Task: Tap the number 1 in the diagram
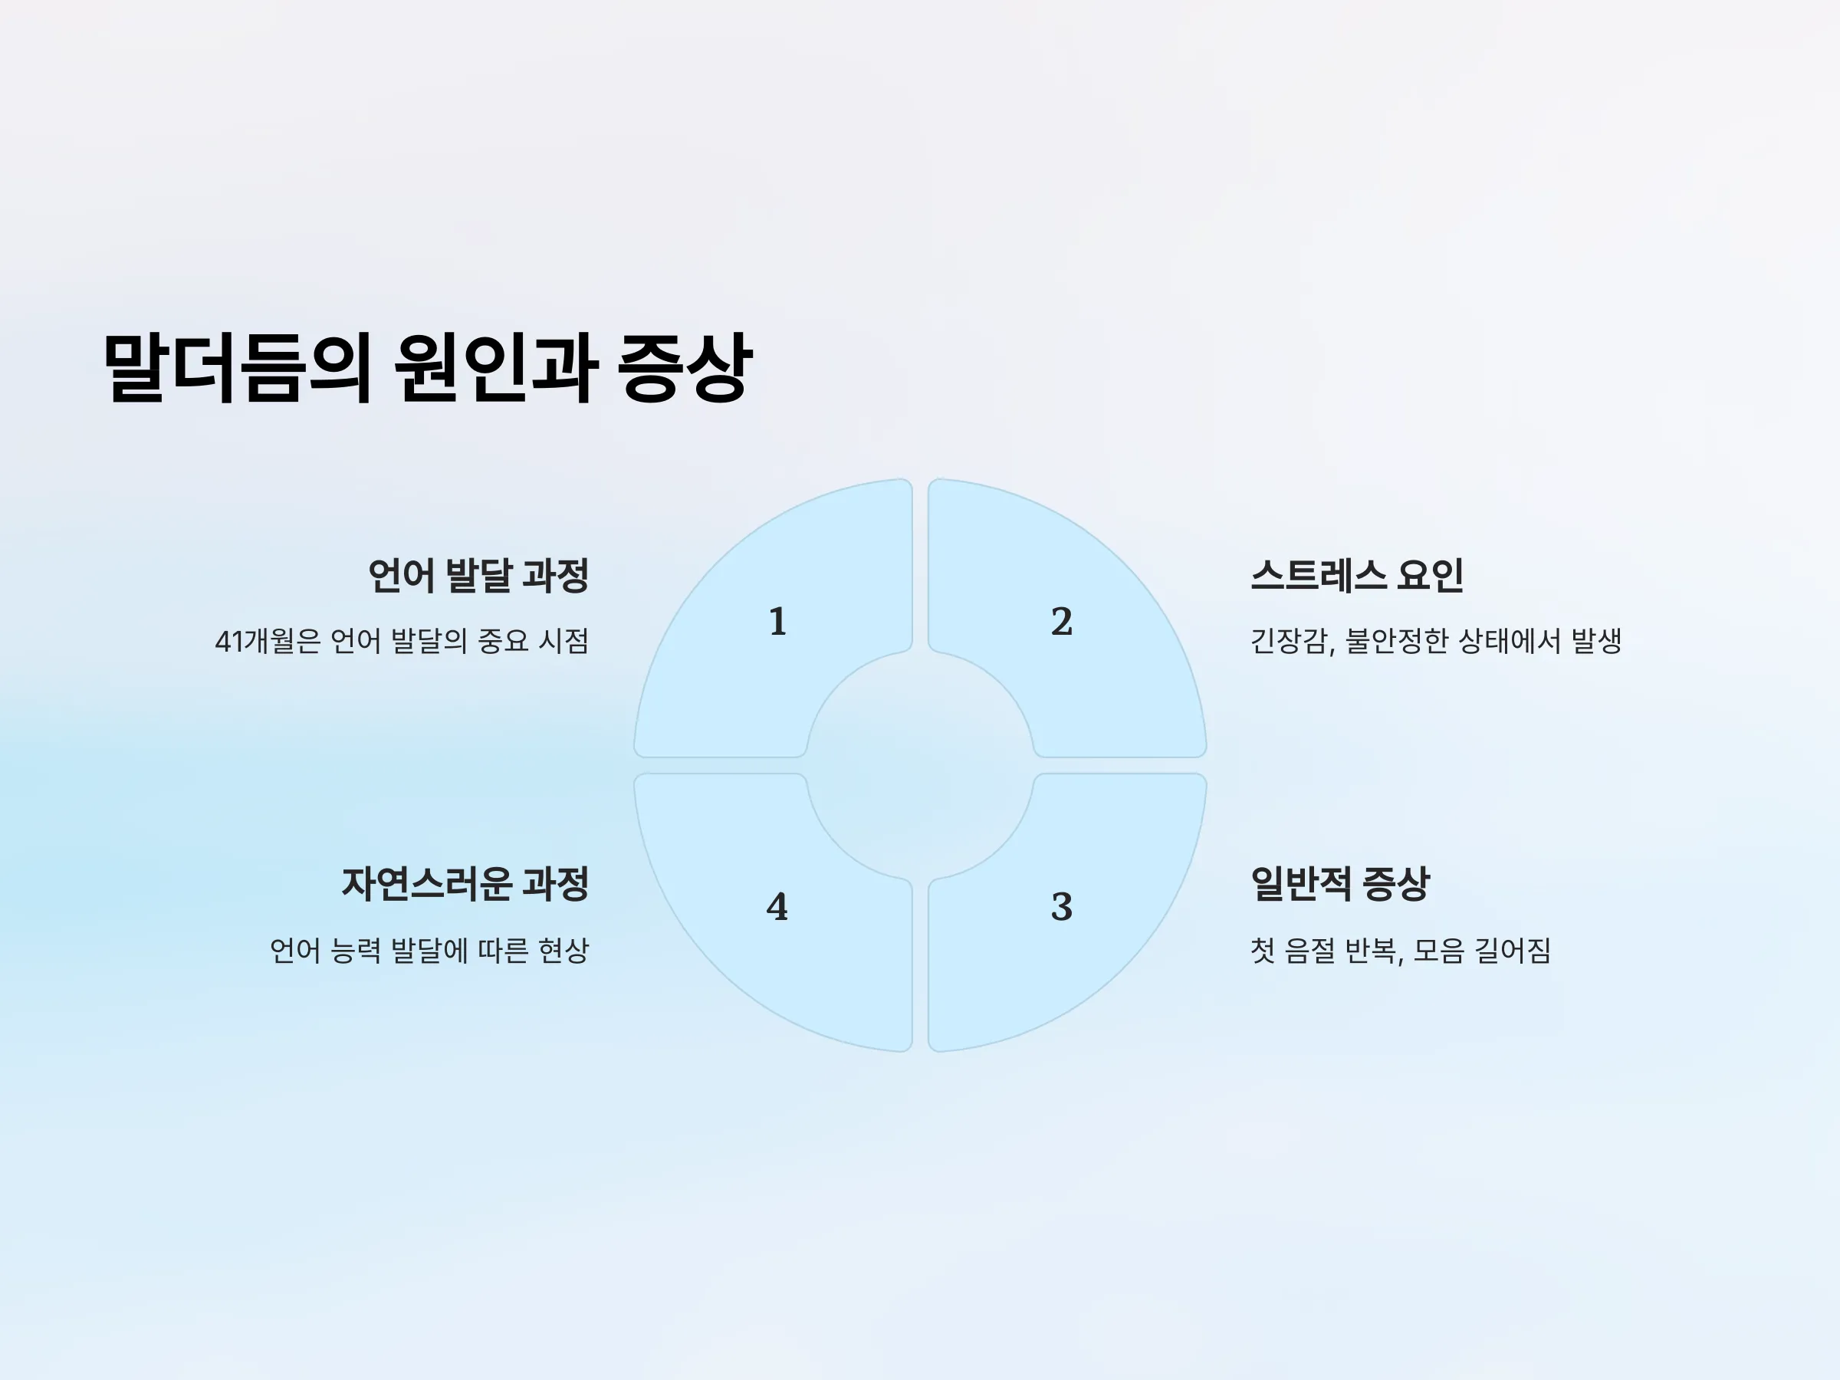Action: point(777,621)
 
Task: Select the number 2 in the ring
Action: point(1061,621)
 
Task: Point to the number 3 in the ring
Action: point(1061,907)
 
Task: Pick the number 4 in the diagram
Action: point(777,907)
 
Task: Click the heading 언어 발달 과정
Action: point(478,576)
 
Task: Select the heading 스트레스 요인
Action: point(1357,576)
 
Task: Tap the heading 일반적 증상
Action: point(1340,883)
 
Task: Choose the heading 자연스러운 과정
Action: point(465,883)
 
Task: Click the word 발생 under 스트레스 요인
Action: point(1596,642)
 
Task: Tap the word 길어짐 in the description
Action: point(1513,951)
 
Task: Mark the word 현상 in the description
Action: point(563,951)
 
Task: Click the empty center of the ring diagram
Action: point(920,765)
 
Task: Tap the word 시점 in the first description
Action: point(563,642)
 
